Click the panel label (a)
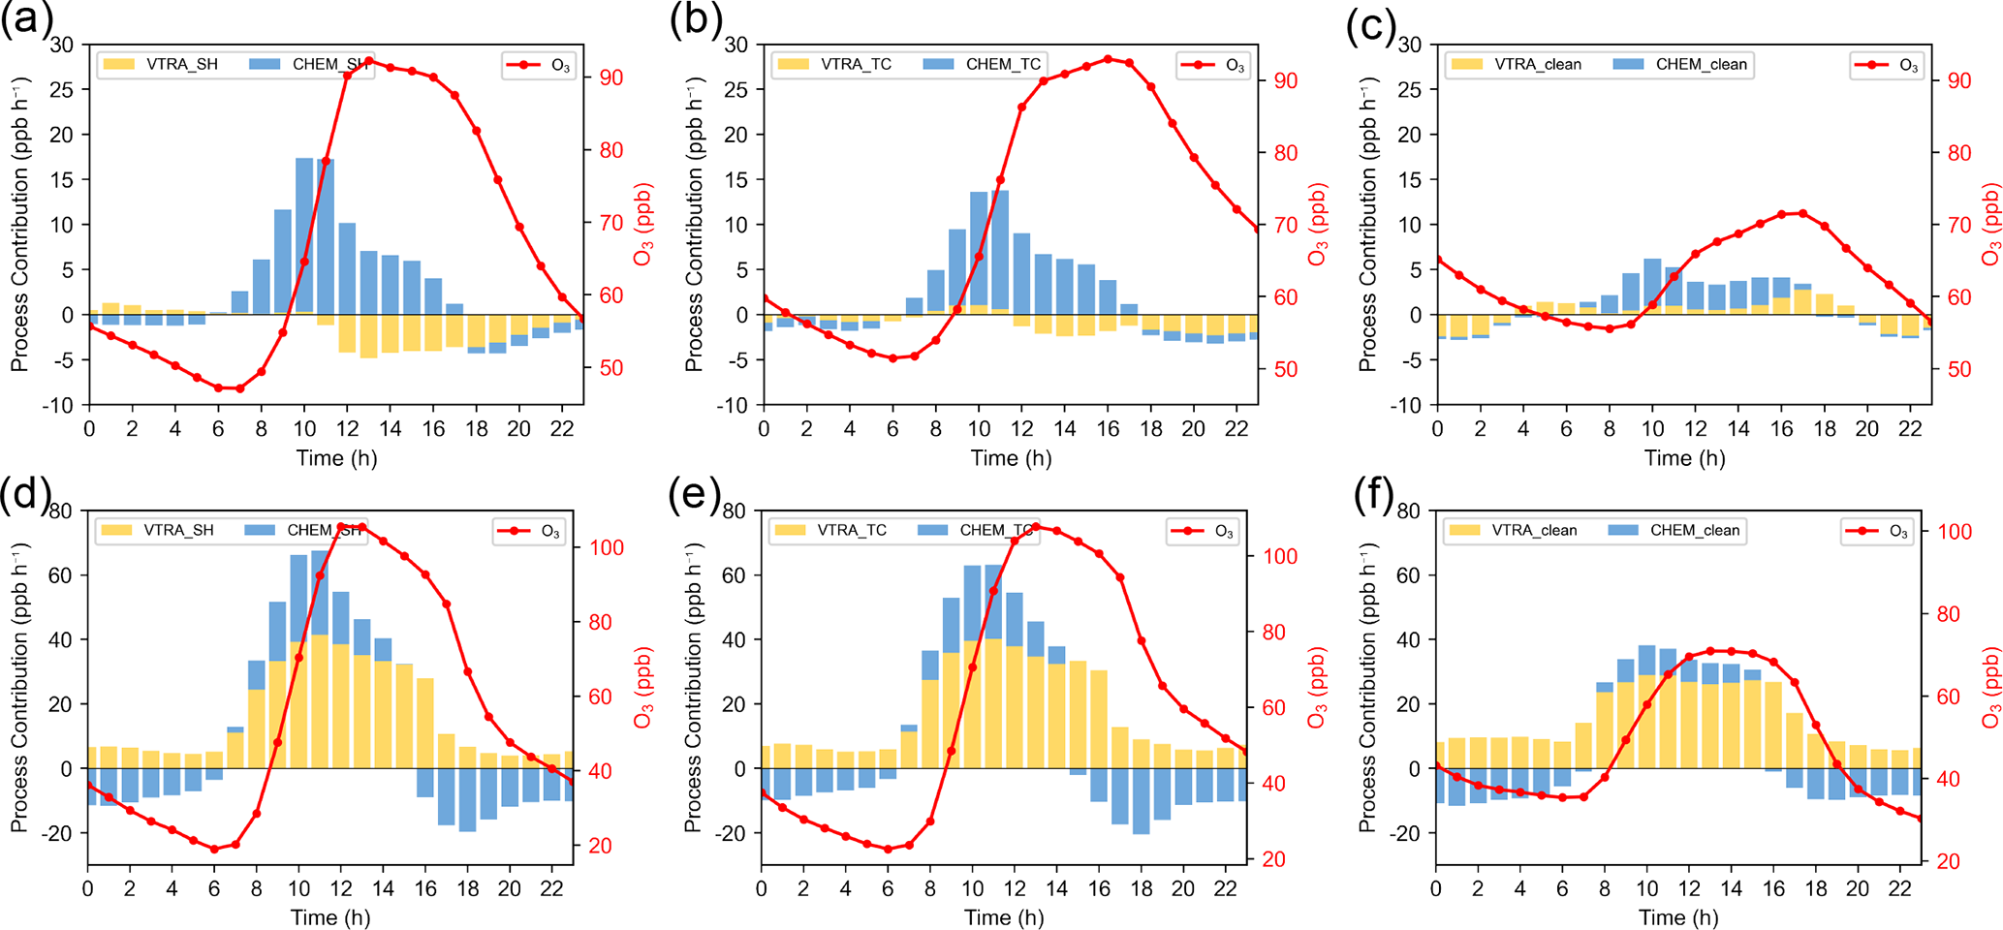(26, 19)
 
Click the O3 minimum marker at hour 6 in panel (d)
(215, 849)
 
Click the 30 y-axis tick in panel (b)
(735, 45)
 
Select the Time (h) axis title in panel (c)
(1684, 458)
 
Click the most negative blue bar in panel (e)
(1141, 801)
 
